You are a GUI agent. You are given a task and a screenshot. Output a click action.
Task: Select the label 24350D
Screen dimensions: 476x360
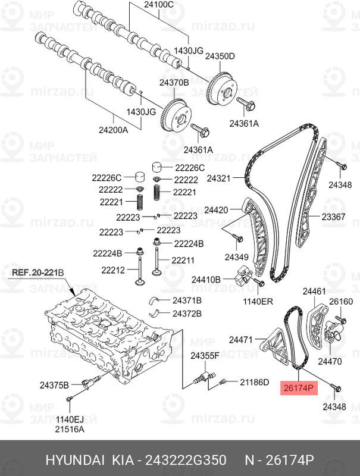221,57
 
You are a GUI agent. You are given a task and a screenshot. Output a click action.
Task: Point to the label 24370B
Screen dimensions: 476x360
173,83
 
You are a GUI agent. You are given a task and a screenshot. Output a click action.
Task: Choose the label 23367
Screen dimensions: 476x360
334,217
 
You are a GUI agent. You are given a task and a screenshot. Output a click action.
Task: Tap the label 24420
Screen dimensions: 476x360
216,211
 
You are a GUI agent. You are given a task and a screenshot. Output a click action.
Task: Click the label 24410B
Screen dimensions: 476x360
206,278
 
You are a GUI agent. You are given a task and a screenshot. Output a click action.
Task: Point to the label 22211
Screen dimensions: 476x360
183,260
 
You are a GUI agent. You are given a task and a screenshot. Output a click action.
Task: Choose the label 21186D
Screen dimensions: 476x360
255,381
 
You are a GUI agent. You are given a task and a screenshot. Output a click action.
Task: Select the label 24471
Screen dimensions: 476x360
242,340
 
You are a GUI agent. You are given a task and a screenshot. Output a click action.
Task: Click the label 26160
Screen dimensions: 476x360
342,302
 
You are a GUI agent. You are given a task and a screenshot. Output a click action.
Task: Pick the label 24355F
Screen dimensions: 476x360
205,355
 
